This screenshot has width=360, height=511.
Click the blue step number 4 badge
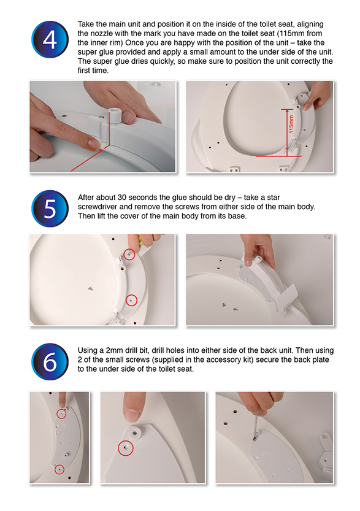point(50,39)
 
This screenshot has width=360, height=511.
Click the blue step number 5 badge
point(50,209)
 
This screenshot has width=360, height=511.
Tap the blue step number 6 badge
point(50,361)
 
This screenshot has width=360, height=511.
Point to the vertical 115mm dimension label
point(291,124)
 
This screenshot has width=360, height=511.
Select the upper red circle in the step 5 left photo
point(129,254)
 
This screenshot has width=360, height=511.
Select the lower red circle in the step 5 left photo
point(131,300)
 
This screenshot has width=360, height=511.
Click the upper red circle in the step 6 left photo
point(61,414)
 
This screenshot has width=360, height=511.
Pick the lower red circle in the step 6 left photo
point(59,469)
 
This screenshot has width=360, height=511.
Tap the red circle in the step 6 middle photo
point(126,448)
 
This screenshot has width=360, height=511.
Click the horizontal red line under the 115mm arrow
point(278,156)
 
